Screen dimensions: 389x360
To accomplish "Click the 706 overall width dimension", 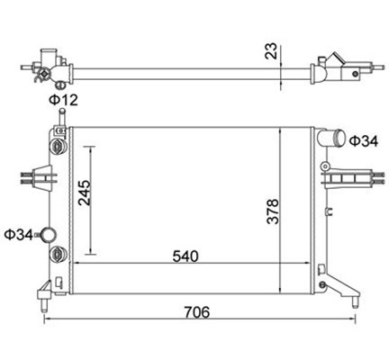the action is coord(197,312).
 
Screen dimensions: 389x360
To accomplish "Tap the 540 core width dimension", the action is coord(185,256).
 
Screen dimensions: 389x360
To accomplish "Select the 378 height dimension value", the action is coord(273,211).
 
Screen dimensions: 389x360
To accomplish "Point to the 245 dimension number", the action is coord(85,193).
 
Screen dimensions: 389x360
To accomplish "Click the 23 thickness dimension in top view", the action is coord(271,50).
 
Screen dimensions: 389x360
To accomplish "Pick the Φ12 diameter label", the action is coord(64,100).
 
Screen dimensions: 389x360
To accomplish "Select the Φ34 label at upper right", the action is coord(364,141).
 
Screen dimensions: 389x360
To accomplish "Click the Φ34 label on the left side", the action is coord(19,235).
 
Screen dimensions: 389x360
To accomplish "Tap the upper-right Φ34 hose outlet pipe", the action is coord(330,138).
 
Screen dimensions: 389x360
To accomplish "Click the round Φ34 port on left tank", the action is coord(49,236).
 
